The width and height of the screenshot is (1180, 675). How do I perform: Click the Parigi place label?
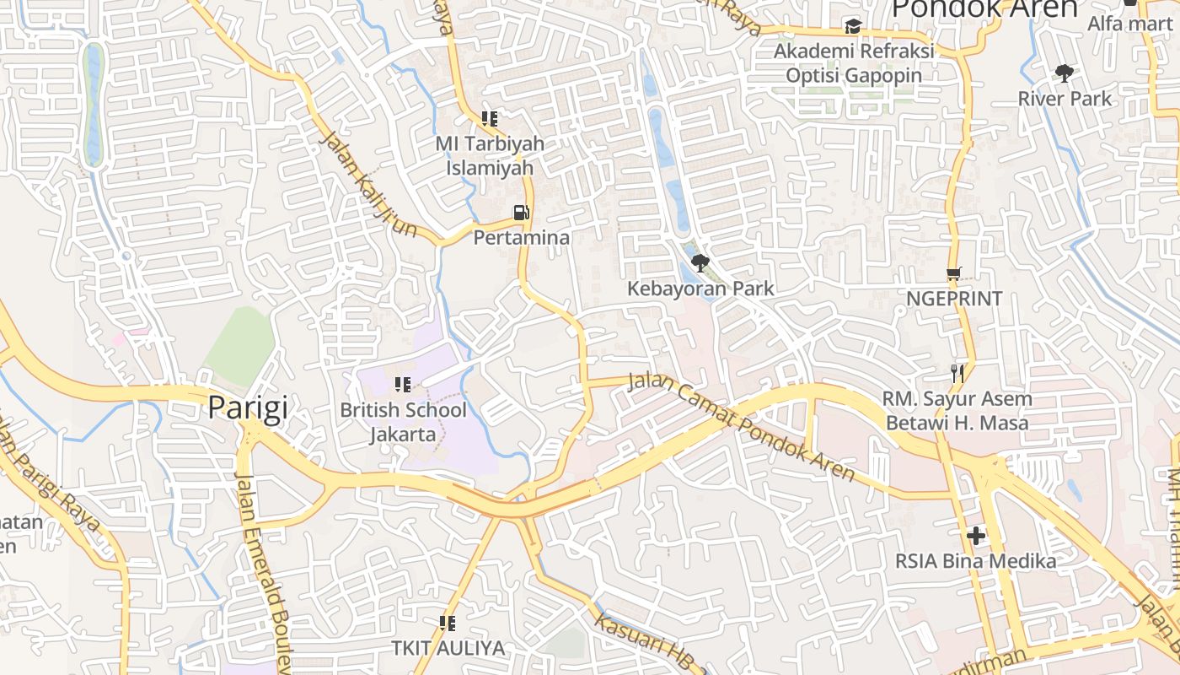click(x=248, y=408)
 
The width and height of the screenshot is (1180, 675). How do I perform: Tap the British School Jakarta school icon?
click(x=403, y=385)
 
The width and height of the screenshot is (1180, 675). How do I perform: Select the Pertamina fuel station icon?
click(x=523, y=213)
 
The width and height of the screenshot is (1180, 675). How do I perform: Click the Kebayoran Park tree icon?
click(x=700, y=263)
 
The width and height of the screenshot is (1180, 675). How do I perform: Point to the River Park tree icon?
click(x=1065, y=73)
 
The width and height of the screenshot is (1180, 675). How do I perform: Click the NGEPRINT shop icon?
click(x=954, y=273)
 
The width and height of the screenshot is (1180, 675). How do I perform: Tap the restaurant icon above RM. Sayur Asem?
click(x=957, y=372)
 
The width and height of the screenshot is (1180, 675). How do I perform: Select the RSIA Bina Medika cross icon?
click(x=975, y=535)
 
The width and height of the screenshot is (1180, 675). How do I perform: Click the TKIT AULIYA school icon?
click(x=448, y=624)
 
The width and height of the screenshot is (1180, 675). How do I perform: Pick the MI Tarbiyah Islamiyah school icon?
click(x=490, y=119)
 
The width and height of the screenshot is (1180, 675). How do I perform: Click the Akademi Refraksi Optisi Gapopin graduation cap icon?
click(x=853, y=27)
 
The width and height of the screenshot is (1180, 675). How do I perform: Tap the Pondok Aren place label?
click(x=984, y=8)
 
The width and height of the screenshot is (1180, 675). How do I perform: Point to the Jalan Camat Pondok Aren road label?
click(x=742, y=426)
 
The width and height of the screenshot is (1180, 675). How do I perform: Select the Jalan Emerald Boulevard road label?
click(x=263, y=574)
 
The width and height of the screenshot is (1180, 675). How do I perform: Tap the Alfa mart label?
click(x=1129, y=23)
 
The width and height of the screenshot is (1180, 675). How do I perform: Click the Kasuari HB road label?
click(x=649, y=643)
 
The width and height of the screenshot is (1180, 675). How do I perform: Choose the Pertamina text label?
click(x=522, y=238)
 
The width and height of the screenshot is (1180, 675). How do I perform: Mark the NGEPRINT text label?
click(x=954, y=299)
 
